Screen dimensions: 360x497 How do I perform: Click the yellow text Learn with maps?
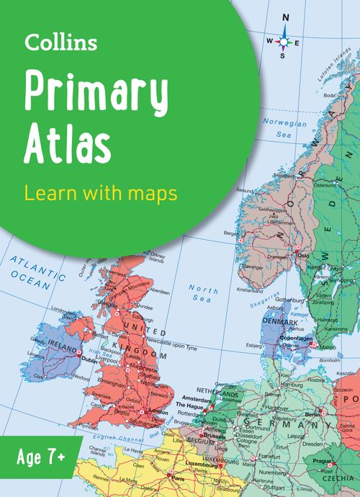101,194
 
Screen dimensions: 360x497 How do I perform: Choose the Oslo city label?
303,255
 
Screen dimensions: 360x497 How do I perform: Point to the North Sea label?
202,294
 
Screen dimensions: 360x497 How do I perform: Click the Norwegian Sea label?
285,129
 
